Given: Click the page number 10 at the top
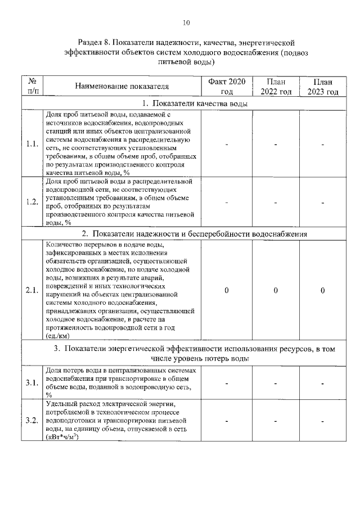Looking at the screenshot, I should (x=187, y=23).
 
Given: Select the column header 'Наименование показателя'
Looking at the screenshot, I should (x=122, y=87).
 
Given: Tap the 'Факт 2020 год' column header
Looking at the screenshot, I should (x=227, y=87).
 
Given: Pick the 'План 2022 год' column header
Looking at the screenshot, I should (x=276, y=87).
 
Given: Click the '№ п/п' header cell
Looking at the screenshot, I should (x=32, y=87).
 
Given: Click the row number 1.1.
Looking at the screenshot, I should (x=32, y=143).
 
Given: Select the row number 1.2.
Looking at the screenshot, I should (x=32, y=202).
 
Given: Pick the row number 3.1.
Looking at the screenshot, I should (x=32, y=383).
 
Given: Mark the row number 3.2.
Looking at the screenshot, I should (x=32, y=421).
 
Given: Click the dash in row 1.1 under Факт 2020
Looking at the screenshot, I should (x=226, y=144).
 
